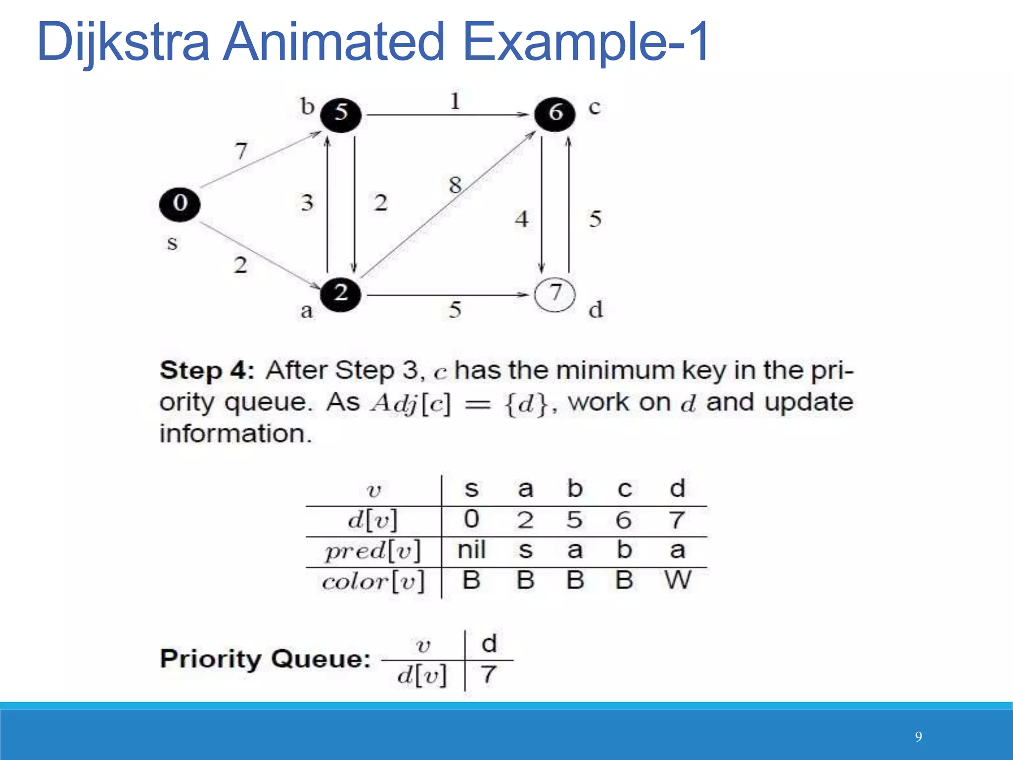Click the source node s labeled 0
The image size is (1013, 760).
point(180,204)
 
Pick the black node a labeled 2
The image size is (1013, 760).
point(340,294)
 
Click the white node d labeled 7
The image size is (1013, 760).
point(555,294)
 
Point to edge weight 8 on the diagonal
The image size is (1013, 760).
point(455,186)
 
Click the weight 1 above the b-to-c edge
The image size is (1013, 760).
point(455,101)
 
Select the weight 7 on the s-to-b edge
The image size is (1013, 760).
point(241,150)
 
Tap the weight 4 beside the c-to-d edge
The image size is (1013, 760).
point(522,219)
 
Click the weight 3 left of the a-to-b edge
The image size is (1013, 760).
point(307,202)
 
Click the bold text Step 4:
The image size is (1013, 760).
point(207,371)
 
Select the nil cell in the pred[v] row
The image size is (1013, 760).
point(471,550)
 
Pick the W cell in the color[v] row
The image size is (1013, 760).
point(678,580)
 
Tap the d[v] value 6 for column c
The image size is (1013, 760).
point(624,520)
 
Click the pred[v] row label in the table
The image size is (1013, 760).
point(373,551)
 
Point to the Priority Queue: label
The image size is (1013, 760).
point(265,659)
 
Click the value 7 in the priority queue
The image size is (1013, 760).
point(489,675)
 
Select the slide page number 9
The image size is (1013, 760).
point(918,737)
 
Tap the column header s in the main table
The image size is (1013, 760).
point(471,489)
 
